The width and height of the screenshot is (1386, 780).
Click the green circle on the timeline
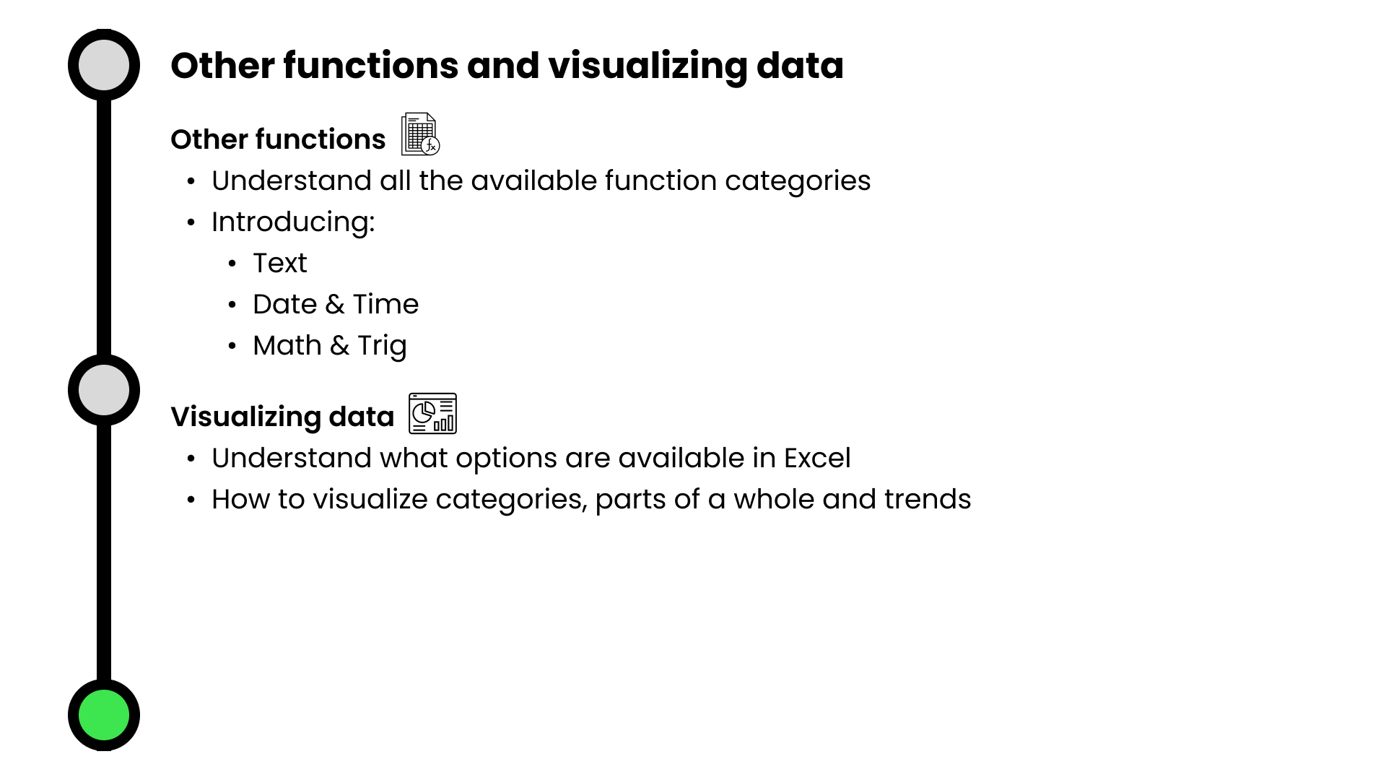click(x=104, y=715)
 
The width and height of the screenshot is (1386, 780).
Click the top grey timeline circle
click(x=104, y=65)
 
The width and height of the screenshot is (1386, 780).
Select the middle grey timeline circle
click(x=104, y=390)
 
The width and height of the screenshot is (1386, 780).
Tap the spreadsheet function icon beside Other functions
click(x=420, y=134)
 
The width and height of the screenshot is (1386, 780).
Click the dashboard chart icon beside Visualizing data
click(x=432, y=413)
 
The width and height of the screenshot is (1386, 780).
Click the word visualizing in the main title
click(x=648, y=66)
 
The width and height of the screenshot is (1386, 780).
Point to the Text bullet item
click(x=280, y=263)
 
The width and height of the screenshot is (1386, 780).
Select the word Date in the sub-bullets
click(x=285, y=304)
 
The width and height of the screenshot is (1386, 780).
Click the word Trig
click(x=382, y=347)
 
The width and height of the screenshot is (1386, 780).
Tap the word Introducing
click(x=293, y=222)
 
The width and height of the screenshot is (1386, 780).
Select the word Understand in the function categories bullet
click(x=292, y=181)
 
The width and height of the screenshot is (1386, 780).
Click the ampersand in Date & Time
click(x=335, y=305)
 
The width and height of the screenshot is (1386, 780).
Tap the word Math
click(x=287, y=345)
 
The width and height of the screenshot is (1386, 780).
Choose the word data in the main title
click(x=800, y=66)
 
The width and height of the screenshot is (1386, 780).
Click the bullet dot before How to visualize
click(x=191, y=500)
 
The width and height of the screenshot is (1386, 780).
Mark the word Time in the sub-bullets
click(x=385, y=304)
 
